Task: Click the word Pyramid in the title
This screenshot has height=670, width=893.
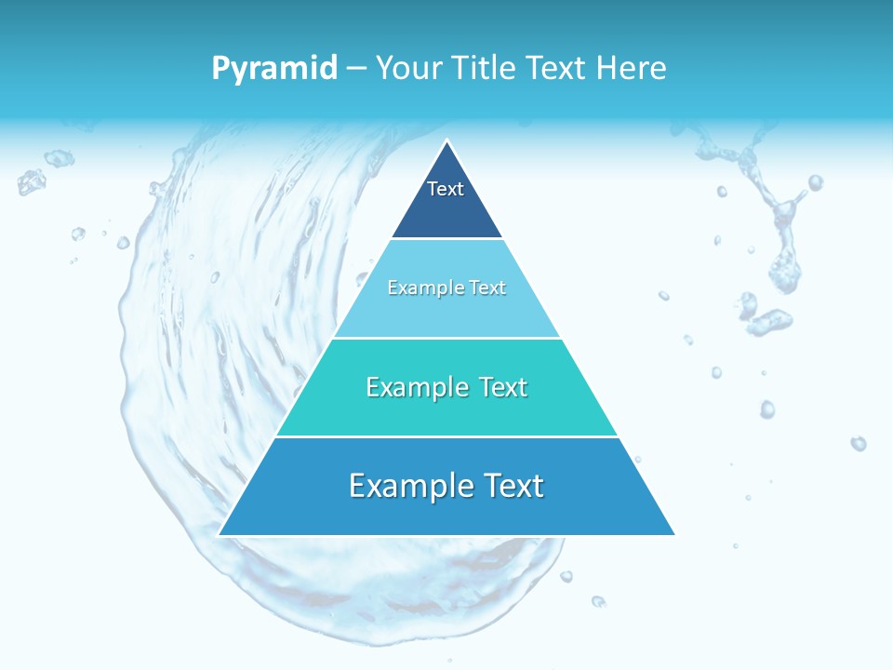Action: [x=274, y=68]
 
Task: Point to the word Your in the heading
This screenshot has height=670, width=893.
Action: [x=409, y=68]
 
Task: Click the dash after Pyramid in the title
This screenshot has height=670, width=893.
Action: [x=356, y=69]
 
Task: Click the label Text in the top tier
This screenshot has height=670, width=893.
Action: [x=446, y=189]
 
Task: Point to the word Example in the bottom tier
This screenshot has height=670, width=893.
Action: [x=409, y=486]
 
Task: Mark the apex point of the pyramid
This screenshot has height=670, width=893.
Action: [x=446, y=141]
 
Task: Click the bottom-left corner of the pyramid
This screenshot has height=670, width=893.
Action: [x=220, y=534]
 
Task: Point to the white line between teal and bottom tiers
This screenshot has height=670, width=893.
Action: [x=446, y=436]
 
